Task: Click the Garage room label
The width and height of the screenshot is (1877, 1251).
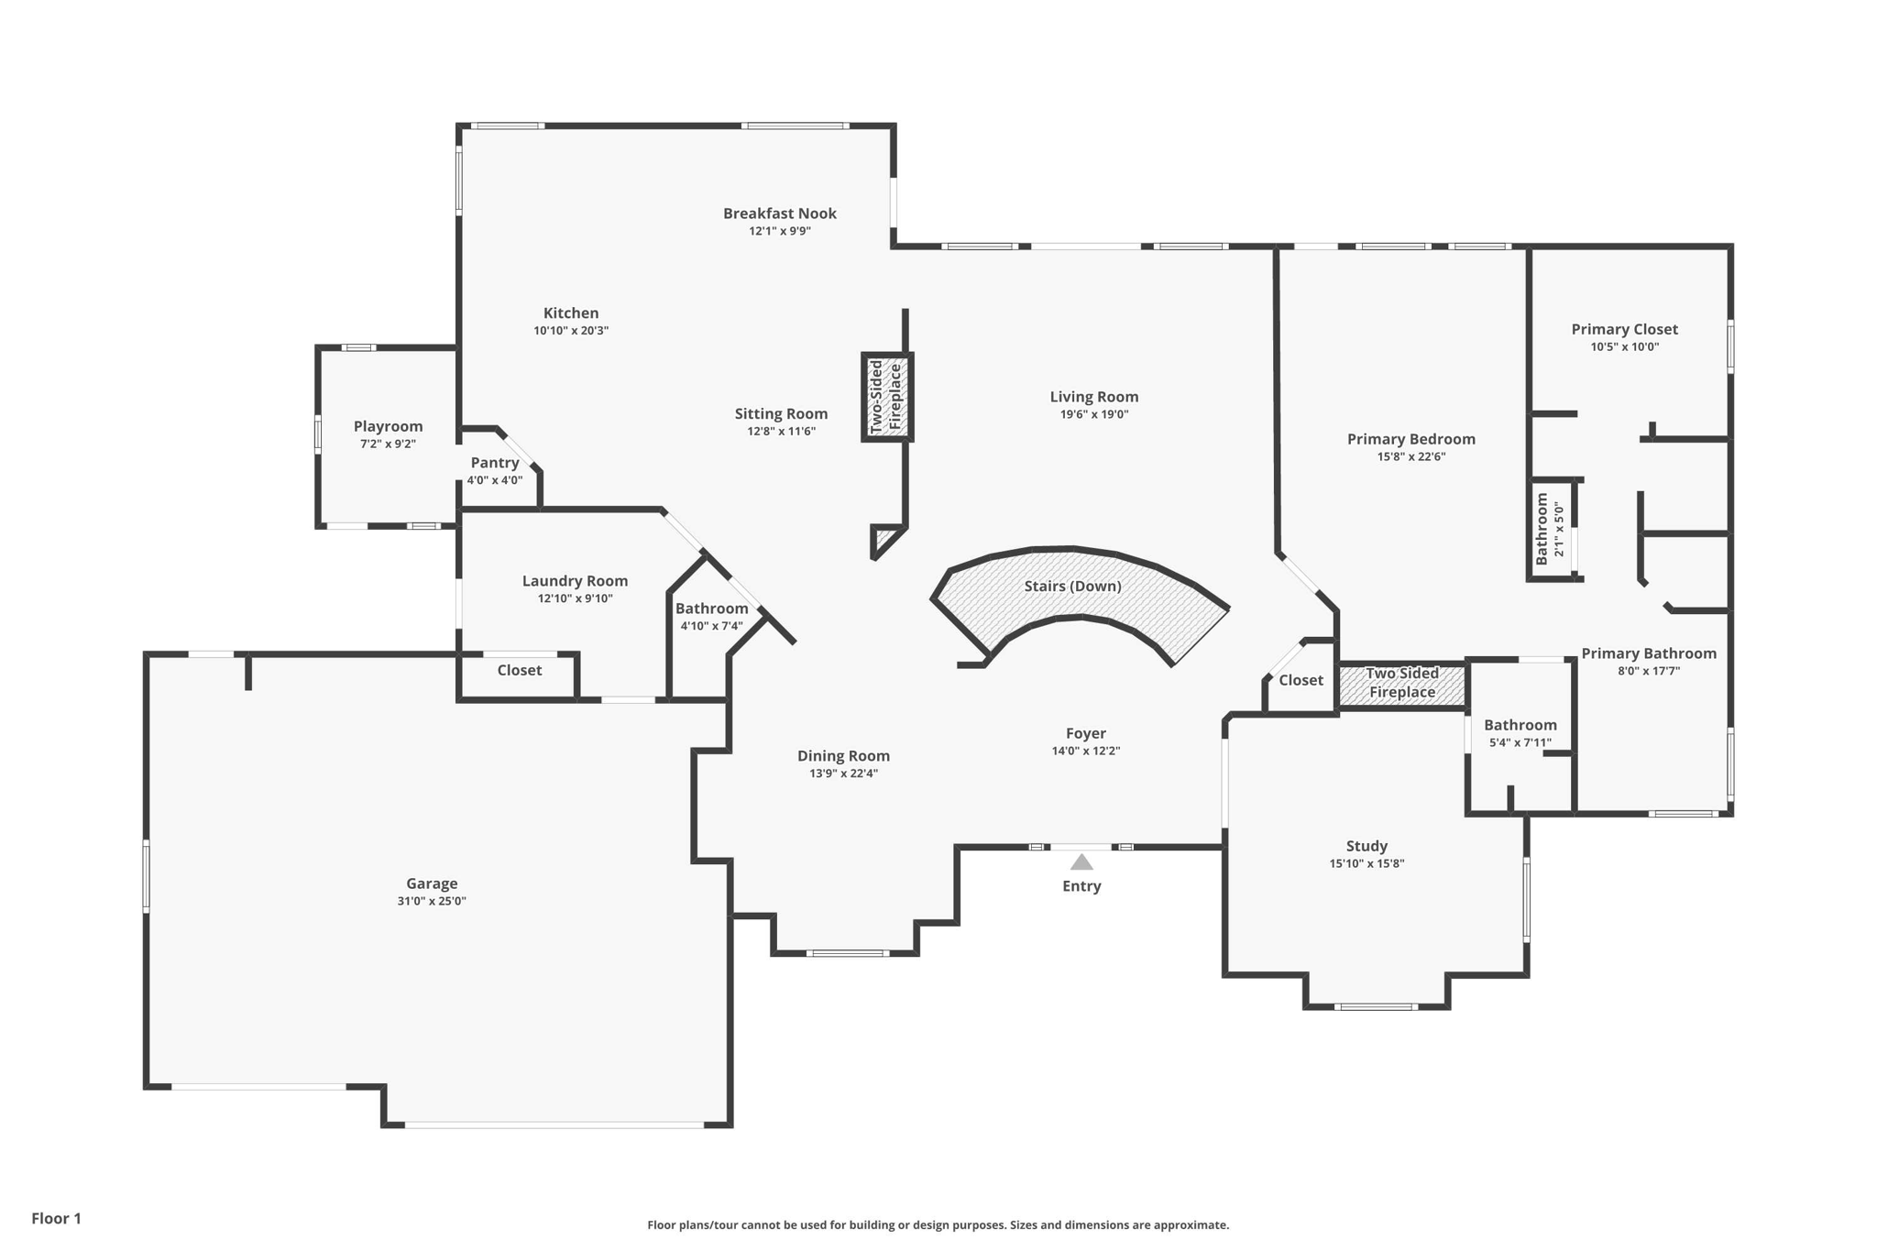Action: (x=432, y=883)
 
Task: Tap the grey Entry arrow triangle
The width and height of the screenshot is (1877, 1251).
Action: (x=1081, y=862)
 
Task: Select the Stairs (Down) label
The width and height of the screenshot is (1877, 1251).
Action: (x=1072, y=587)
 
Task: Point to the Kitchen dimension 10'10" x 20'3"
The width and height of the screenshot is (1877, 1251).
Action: (x=571, y=331)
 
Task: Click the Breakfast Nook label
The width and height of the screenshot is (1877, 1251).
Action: (x=780, y=214)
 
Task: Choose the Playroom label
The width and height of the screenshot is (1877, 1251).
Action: (x=389, y=427)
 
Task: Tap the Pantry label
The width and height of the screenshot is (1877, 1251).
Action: (x=495, y=463)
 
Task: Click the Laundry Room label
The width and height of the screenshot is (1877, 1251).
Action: (x=575, y=581)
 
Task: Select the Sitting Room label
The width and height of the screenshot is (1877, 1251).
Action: (x=781, y=414)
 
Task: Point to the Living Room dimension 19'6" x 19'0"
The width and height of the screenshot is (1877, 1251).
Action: (x=1094, y=414)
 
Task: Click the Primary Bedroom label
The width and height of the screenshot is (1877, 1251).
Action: (x=1411, y=439)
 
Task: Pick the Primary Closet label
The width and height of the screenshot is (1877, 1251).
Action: (x=1625, y=330)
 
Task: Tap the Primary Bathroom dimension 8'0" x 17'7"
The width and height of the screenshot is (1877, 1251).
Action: (x=1649, y=671)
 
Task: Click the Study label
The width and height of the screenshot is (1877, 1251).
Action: (x=1367, y=847)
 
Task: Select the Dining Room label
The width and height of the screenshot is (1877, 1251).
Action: (x=843, y=756)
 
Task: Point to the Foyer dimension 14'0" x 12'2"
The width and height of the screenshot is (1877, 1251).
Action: (x=1086, y=752)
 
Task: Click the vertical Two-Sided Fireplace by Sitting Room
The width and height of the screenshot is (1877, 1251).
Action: (x=886, y=397)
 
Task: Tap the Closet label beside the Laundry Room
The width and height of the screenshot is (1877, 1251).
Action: (x=520, y=671)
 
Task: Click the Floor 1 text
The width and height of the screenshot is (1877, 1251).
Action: (x=57, y=1219)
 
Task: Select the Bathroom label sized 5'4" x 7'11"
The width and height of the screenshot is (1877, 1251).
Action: (x=1520, y=726)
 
